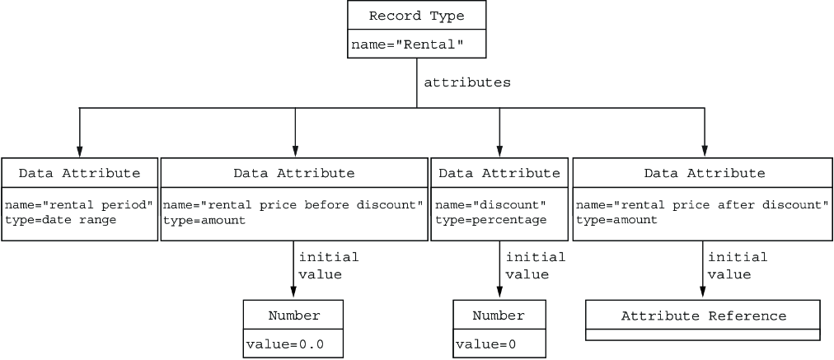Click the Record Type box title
(x=416, y=16)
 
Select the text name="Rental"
(x=407, y=44)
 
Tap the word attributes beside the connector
(x=467, y=82)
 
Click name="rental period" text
(x=79, y=205)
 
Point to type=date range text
(x=60, y=220)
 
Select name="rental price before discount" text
(x=293, y=205)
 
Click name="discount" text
(x=491, y=205)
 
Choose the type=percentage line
(x=491, y=220)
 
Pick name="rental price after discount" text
(x=703, y=205)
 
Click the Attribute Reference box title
(x=704, y=316)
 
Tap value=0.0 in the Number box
(x=284, y=344)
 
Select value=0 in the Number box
(x=485, y=344)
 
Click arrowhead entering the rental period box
(x=79, y=152)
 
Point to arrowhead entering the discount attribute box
(x=499, y=152)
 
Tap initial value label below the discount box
(x=535, y=265)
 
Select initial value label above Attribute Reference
(x=738, y=265)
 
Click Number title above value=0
(x=499, y=316)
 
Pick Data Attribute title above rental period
(x=80, y=173)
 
